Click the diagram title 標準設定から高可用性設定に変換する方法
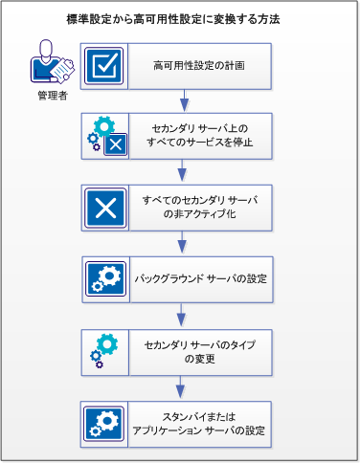tap(180, 18)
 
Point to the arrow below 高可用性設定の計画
tap(181, 100)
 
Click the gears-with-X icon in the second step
tap(103, 136)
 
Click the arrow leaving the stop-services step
tap(181, 171)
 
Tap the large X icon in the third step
tap(103, 207)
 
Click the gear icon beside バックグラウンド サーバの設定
tap(103, 277)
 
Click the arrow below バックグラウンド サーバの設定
tap(181, 313)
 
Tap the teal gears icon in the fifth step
tap(103, 348)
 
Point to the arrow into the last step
tap(181, 384)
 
